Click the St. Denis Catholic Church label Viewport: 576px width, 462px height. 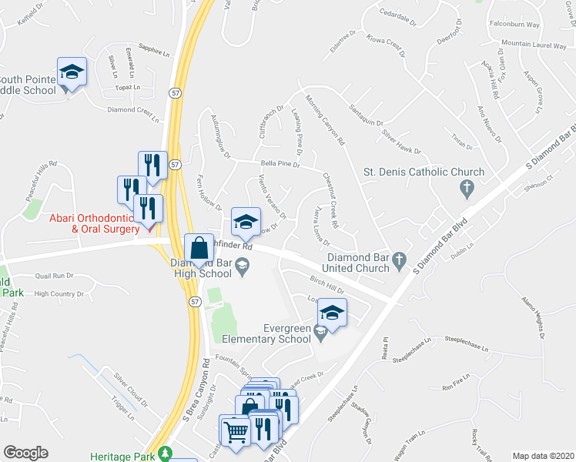pyautogui.click(x=424, y=172)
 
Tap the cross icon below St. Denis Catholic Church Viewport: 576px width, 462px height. pyautogui.click(x=465, y=187)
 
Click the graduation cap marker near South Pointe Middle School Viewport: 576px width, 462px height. pyautogui.click(x=72, y=72)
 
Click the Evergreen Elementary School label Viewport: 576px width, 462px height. pyautogui.click(x=266, y=333)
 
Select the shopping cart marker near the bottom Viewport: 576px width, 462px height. pyautogui.click(x=236, y=429)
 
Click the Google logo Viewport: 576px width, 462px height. pyautogui.click(x=25, y=453)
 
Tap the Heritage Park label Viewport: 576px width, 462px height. pyautogui.click(x=126, y=455)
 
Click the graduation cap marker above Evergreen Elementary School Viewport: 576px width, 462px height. pyautogui.click(x=332, y=313)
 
